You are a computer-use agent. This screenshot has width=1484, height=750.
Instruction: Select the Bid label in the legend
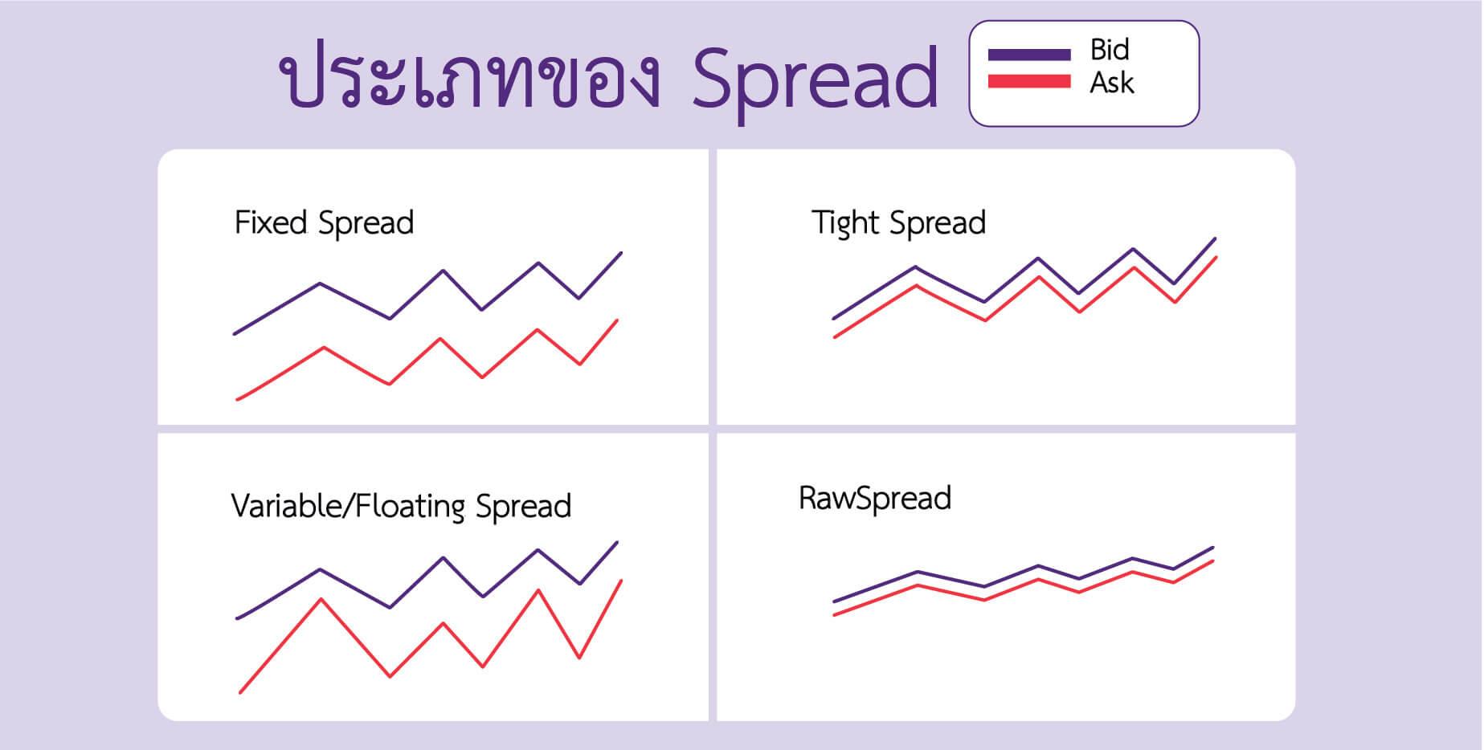1110,50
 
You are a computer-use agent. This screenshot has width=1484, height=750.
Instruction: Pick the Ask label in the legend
1111,82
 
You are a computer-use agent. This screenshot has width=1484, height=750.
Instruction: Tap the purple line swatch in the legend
1029,55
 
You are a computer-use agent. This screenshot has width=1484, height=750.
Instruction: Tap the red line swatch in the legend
1029,80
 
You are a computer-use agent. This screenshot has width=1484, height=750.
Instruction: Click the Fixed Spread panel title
324,223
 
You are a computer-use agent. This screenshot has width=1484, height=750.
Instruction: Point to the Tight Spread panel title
898,223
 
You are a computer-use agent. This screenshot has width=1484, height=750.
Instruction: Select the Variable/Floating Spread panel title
401,507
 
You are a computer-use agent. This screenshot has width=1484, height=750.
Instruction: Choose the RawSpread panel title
875,499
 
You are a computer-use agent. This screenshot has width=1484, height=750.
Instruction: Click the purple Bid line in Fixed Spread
443,271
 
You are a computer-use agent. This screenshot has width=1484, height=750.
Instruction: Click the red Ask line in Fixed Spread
439,340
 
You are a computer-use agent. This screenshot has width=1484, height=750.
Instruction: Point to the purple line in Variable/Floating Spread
443,558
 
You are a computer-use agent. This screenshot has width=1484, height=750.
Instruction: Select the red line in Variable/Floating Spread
443,624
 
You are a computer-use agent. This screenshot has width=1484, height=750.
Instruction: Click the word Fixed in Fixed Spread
271,222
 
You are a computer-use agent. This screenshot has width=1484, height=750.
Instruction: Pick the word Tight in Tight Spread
846,223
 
